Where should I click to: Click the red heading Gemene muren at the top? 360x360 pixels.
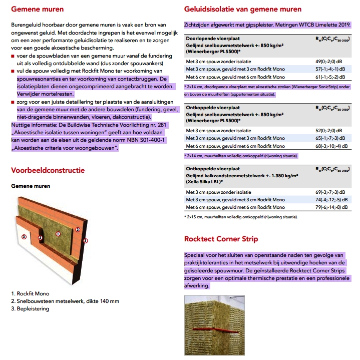pos(37,9)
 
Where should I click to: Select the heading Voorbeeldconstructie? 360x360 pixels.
pos(48,170)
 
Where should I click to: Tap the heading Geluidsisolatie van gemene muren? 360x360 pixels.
pos(243,9)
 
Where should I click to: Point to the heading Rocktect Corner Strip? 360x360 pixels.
pos(221,239)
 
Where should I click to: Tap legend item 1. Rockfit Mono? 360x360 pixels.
pos(30,293)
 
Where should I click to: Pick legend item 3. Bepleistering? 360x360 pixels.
pos(30,309)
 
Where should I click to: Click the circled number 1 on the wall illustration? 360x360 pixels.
pos(58,233)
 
